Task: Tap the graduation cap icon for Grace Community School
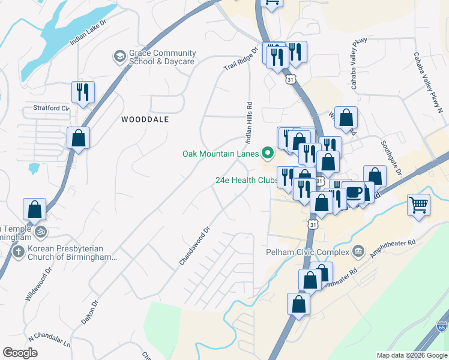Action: click(x=119, y=57)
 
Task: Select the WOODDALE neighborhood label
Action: click(x=145, y=119)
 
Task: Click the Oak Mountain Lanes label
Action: click(x=220, y=153)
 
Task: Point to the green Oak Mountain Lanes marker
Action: click(x=267, y=154)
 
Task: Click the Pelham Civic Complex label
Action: click(x=307, y=252)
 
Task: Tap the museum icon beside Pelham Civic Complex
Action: click(x=358, y=250)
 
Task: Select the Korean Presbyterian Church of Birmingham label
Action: click(x=65, y=253)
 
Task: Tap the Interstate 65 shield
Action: click(x=442, y=327)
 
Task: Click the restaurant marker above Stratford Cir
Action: click(x=82, y=92)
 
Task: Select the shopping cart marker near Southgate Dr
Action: click(x=418, y=205)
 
